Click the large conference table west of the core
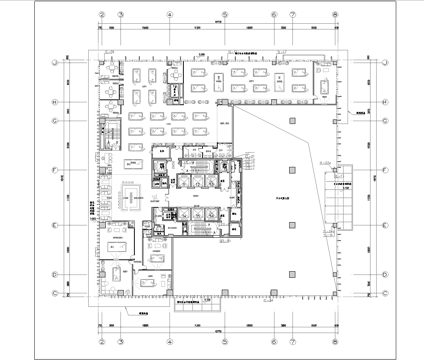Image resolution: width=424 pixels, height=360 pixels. tap(131, 165)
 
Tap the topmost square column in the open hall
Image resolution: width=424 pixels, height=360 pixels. tap(291, 120)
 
